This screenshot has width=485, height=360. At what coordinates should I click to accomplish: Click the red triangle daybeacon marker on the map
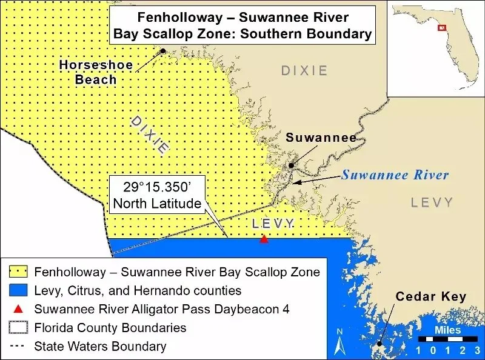[264, 240]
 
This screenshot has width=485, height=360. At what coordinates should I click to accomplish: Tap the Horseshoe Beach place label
[89, 72]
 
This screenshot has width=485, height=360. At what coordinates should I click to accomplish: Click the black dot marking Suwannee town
[292, 165]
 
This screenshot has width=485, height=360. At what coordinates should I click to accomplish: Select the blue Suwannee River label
[395, 175]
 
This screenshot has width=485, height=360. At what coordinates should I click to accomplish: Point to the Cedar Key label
[430, 297]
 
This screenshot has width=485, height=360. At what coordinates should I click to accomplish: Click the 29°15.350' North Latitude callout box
[157, 194]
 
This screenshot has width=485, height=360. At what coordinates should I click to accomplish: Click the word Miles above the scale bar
[447, 330]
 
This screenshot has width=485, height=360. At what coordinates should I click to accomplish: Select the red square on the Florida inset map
[442, 27]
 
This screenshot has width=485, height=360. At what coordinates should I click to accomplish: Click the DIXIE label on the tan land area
[304, 71]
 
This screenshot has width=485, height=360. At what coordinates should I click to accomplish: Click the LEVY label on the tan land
[432, 202]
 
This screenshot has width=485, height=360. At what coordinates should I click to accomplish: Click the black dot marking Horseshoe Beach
[162, 52]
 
